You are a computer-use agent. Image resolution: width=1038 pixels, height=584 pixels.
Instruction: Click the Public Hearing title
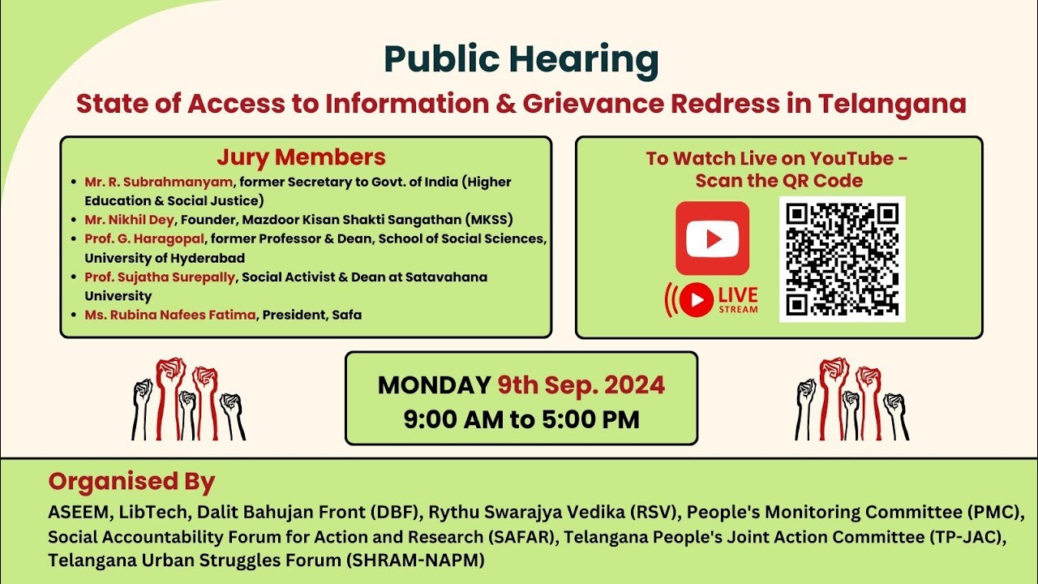pos(521,60)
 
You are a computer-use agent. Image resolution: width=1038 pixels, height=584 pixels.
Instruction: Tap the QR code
pos(842,259)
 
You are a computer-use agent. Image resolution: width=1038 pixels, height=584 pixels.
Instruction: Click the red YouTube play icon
pos(712,238)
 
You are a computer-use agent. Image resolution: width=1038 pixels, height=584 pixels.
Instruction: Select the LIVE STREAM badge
pos(712,299)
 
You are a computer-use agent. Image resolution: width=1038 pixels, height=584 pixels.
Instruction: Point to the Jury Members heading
pos(301,157)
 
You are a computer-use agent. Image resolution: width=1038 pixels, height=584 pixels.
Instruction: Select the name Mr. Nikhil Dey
pos(130,220)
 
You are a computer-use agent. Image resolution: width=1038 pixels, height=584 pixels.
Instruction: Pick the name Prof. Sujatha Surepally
pos(160,277)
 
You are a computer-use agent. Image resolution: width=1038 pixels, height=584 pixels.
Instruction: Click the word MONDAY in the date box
pos(434,384)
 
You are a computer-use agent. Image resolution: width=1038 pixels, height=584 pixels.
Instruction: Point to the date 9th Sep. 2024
pos(581,384)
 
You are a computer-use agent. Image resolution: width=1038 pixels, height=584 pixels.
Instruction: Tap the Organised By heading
pos(131,482)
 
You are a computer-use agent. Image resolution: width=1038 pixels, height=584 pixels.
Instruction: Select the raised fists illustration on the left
pos(188,399)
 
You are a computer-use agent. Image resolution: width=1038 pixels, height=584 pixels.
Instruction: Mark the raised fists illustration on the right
pos(851,399)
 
